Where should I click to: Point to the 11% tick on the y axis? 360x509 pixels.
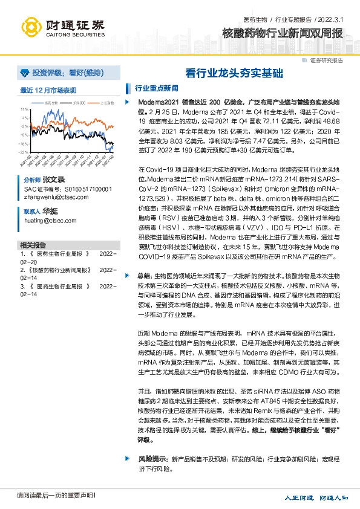coord(25,109)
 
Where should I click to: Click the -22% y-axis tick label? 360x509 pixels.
coord(24,152)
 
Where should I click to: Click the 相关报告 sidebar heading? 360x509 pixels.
coord(33,245)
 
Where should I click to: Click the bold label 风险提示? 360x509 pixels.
coord(152,459)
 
